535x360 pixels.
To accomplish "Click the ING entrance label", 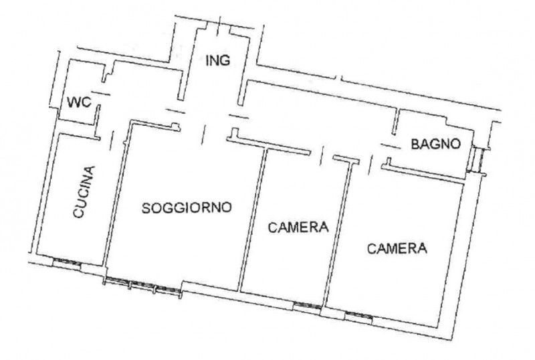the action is tap(218, 60).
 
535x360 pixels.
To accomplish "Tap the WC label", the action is tap(79, 102).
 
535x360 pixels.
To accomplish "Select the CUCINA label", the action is tap(84, 192).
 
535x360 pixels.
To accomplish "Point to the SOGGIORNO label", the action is tap(187, 207).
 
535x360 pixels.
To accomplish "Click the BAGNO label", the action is tap(436, 144).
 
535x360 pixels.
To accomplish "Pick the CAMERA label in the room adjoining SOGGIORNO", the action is tap(298, 227).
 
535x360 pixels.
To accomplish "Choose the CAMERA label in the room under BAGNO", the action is tap(397, 248).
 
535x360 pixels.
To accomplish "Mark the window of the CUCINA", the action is tap(67, 263).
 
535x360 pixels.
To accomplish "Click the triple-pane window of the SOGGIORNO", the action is tap(142, 286).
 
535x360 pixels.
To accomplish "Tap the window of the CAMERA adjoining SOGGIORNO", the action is tap(307, 306).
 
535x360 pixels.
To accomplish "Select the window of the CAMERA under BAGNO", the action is tap(358, 317).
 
